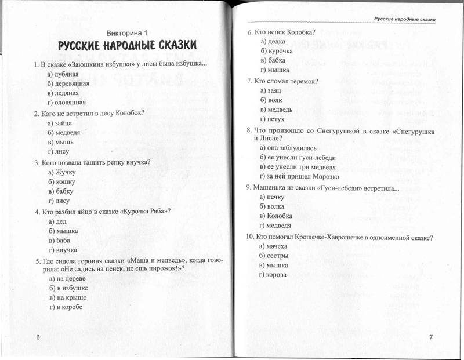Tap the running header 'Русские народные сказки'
point(404,19)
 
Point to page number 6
point(37,337)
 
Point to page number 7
point(431,337)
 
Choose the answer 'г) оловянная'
point(67,102)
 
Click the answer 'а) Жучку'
point(62,172)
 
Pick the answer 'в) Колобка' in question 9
point(276,216)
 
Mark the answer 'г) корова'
point(273,275)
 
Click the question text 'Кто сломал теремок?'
point(287,81)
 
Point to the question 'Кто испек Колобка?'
point(285,32)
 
